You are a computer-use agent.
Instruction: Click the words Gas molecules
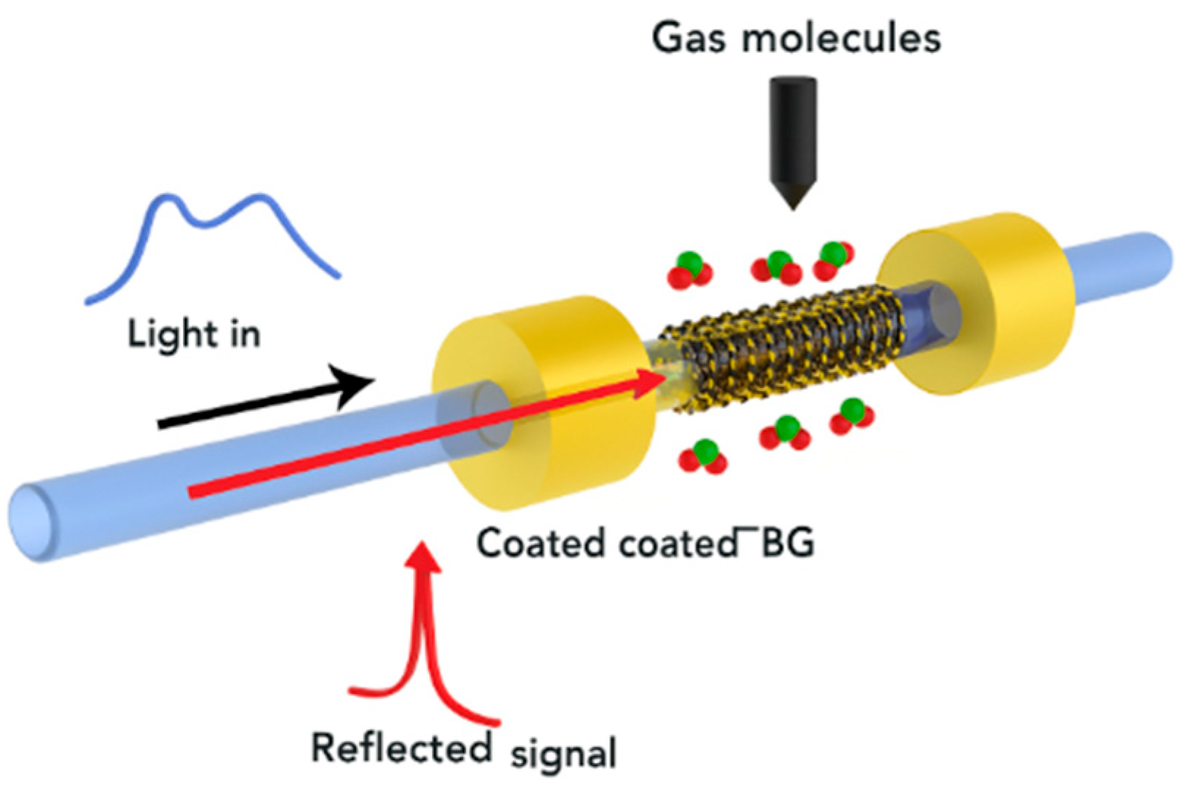(796, 38)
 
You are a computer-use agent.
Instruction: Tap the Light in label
(193, 334)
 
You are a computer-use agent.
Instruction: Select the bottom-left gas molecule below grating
(703, 456)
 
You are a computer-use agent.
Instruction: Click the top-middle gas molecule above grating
(778, 267)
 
